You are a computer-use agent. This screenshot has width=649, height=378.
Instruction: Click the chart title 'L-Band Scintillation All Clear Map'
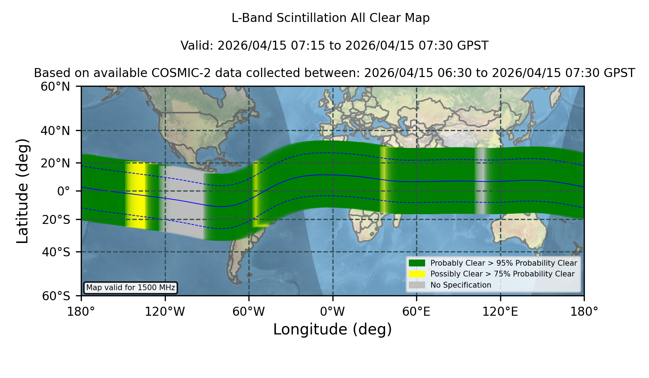pyautogui.click(x=330, y=18)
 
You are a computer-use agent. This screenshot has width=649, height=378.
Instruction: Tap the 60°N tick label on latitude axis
pyautogui.click(x=55, y=87)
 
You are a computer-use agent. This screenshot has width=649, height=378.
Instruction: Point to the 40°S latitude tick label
pyautogui.click(x=56, y=252)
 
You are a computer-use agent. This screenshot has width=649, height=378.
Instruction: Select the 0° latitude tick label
pyautogui.click(x=63, y=191)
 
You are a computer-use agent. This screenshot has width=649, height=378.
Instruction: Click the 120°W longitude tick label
pyautogui.click(x=165, y=312)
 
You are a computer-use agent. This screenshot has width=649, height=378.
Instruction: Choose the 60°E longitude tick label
pyautogui.click(x=416, y=312)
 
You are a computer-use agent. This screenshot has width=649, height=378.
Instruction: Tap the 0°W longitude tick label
pyautogui.click(x=333, y=312)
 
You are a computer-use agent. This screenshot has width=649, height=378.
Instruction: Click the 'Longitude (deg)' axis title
pyautogui.click(x=332, y=330)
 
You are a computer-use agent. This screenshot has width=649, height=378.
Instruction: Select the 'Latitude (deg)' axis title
pyautogui.click(x=23, y=191)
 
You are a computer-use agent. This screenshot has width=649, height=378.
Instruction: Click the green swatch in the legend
pyautogui.click(x=417, y=263)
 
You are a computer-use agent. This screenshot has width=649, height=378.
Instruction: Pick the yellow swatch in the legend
pyautogui.click(x=417, y=274)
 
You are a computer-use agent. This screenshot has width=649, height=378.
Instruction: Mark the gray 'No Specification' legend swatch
pyautogui.click(x=417, y=285)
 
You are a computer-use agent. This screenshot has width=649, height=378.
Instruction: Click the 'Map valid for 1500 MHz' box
pyautogui.click(x=131, y=288)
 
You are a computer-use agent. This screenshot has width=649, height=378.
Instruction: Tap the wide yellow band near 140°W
pyautogui.click(x=136, y=195)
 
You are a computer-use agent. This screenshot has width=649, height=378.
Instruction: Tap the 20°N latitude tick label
pyautogui.click(x=55, y=163)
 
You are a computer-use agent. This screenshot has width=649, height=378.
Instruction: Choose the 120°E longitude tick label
pyautogui.click(x=500, y=312)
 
